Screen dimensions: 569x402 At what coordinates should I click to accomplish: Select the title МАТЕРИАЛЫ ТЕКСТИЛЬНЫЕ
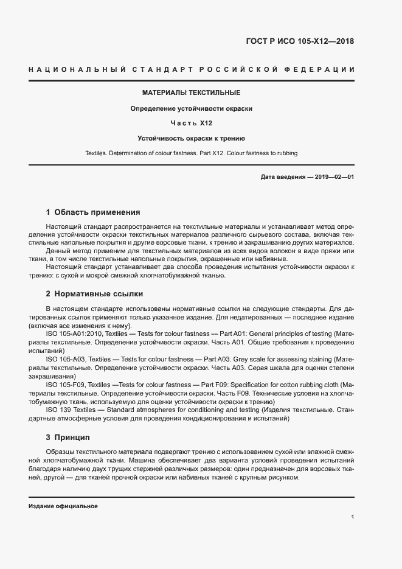pos(192,93)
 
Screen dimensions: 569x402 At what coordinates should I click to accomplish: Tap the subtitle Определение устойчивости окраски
pos(192,108)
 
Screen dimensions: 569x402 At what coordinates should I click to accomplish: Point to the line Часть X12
pos(192,124)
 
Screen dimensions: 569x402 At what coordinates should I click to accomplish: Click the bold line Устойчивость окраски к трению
pos(192,138)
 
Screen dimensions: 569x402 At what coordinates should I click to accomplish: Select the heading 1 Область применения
pos(93,212)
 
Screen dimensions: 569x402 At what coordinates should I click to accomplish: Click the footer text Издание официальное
pos(63,506)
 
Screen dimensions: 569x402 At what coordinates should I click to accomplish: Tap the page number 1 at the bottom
pos(352,517)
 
